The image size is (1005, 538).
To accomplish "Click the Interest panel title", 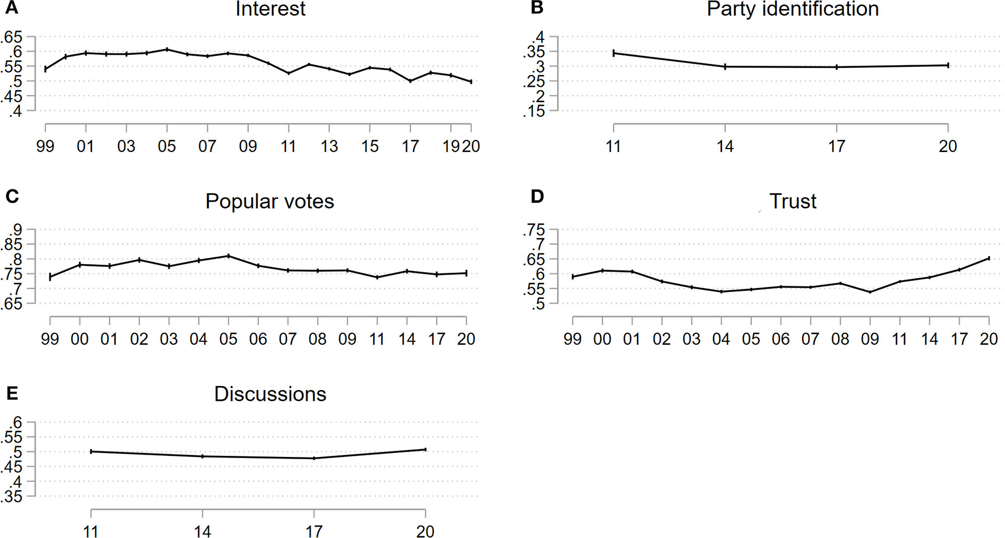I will [270, 9].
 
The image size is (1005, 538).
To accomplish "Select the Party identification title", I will [792, 9].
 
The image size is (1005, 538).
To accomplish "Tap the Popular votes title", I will [269, 201].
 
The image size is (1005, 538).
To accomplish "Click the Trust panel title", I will [792, 201].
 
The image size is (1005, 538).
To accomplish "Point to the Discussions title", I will [270, 394].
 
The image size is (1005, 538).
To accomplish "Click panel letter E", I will [12, 393].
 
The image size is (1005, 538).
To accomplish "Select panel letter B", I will [537, 8].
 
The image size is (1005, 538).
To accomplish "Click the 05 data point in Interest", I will [167, 49].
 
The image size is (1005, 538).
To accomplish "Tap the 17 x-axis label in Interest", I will [410, 147].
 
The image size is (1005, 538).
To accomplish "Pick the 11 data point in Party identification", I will [614, 53].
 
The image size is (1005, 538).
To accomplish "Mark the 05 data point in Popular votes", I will [229, 256].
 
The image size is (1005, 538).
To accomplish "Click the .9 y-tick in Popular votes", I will [15, 230].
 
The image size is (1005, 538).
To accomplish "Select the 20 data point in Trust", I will [989, 259].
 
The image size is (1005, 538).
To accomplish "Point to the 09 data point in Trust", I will [870, 292].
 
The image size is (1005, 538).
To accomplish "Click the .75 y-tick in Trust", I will [534, 230].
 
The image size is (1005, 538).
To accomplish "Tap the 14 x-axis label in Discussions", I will [202, 532].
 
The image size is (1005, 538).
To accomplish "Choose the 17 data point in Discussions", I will [314, 458].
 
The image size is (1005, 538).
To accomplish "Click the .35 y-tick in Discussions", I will [11, 497].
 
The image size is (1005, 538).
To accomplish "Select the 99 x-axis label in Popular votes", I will [50, 340].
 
